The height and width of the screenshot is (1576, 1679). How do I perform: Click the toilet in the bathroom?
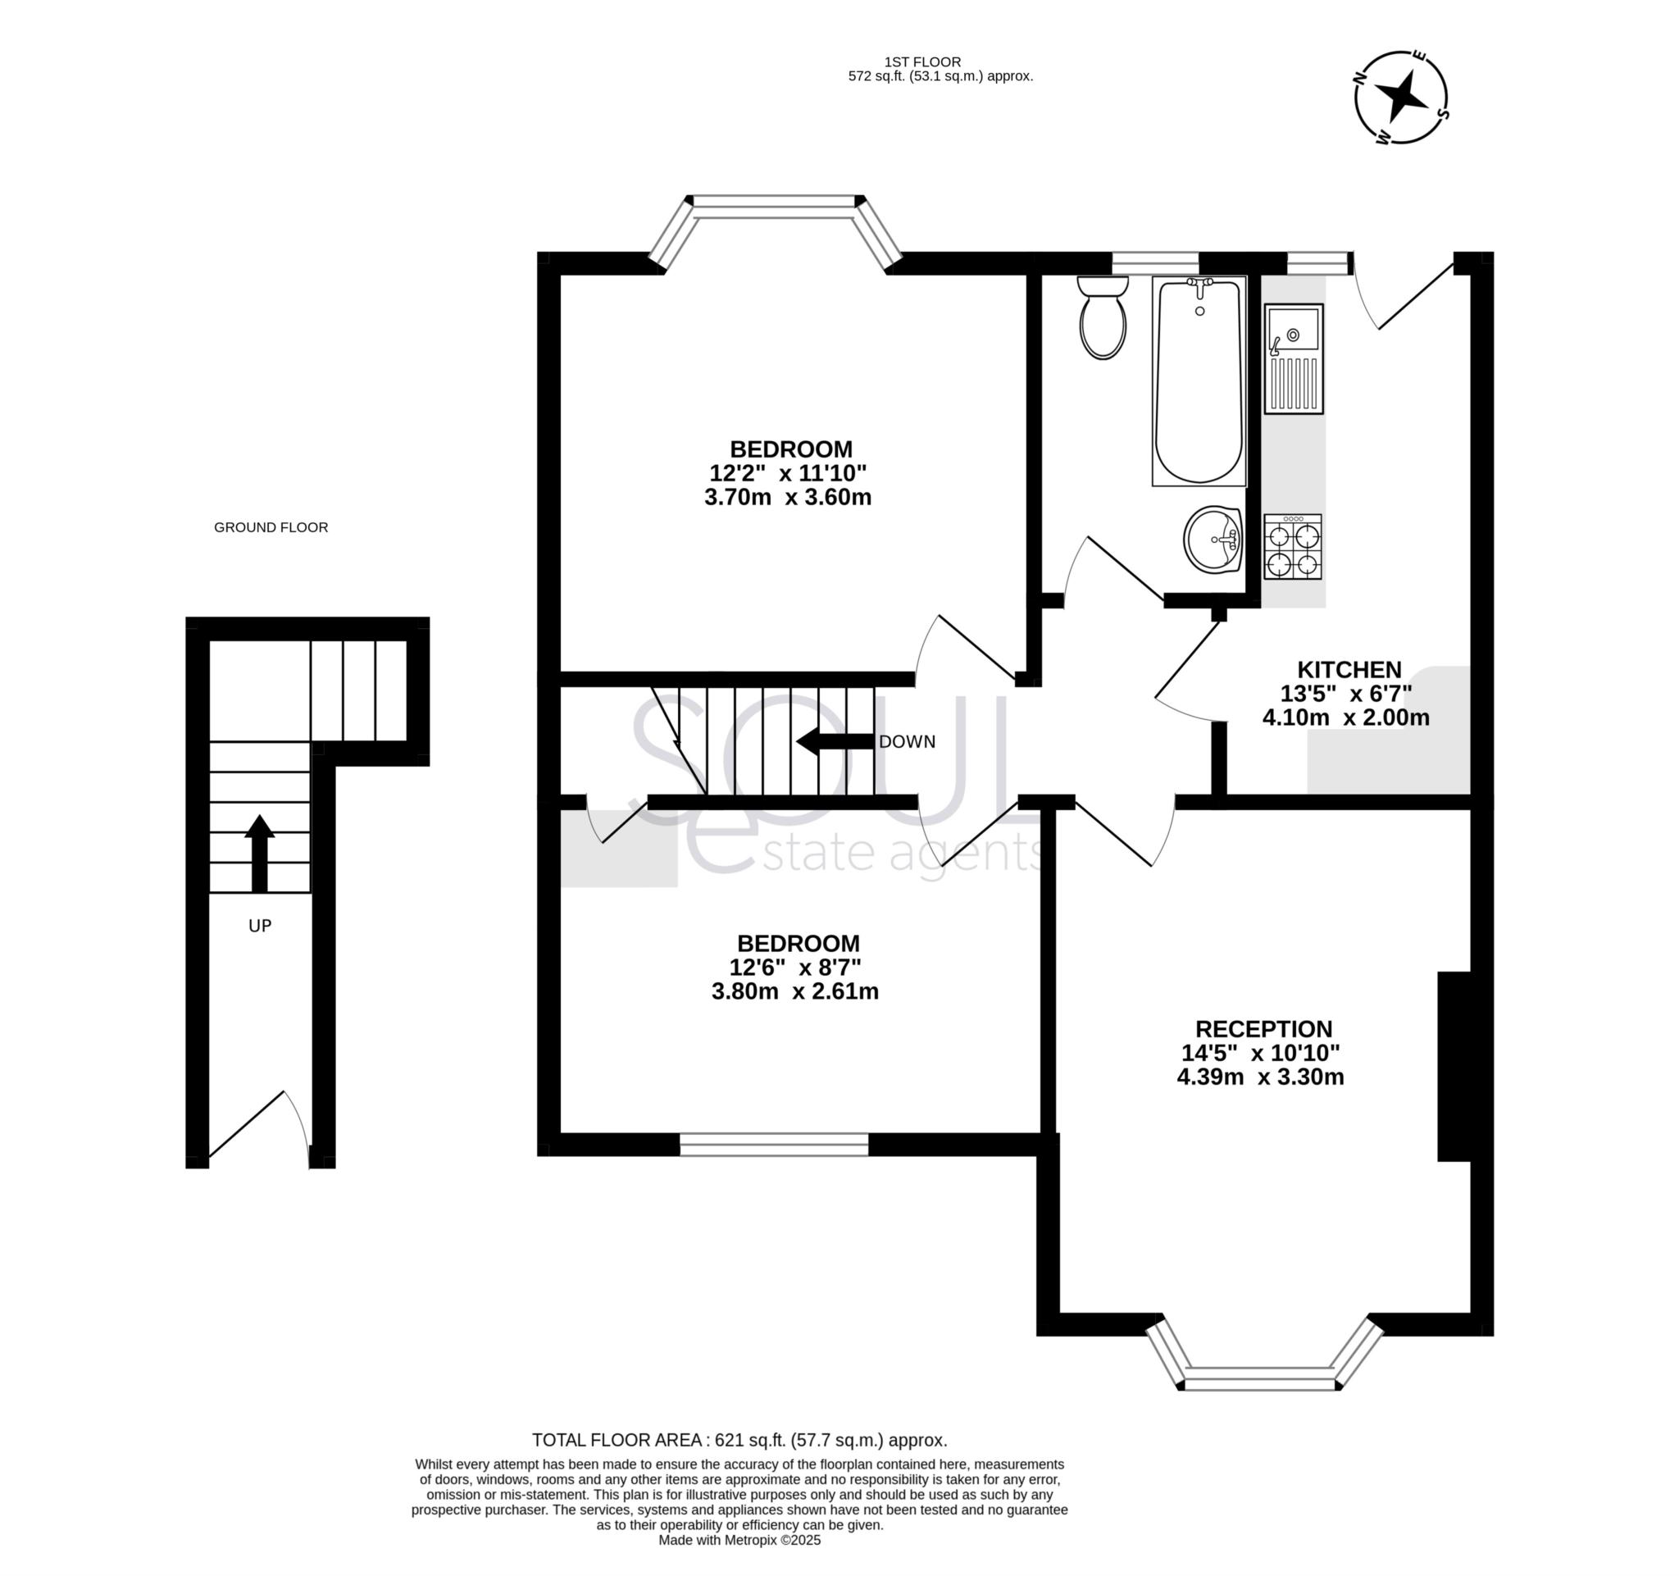tap(1103, 318)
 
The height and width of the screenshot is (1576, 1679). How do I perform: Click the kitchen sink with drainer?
tap(1293, 359)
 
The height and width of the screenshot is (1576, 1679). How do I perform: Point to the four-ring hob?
tap(1292, 547)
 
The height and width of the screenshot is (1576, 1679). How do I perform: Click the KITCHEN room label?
tap(1349, 670)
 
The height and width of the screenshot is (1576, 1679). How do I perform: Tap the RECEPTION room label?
tap(1263, 1029)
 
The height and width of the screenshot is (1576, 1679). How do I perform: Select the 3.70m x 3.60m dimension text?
tap(787, 497)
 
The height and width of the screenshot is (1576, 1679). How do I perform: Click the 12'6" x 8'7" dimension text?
tap(794, 967)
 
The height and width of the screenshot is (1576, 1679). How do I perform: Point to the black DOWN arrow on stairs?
tap(835, 741)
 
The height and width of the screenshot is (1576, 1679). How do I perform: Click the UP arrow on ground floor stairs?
tap(259, 853)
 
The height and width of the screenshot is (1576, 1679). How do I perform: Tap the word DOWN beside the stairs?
tap(907, 741)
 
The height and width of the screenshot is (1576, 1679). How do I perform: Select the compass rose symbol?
tap(1401, 97)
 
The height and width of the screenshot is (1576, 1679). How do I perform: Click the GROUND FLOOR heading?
tap(271, 527)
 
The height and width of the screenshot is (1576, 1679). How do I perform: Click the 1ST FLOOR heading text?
tap(922, 61)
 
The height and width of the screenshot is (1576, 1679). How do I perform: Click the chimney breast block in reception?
tap(1454, 1067)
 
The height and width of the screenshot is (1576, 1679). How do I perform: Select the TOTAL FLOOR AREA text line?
tap(739, 1440)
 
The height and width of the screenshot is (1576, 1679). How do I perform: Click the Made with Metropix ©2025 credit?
tap(739, 1540)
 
